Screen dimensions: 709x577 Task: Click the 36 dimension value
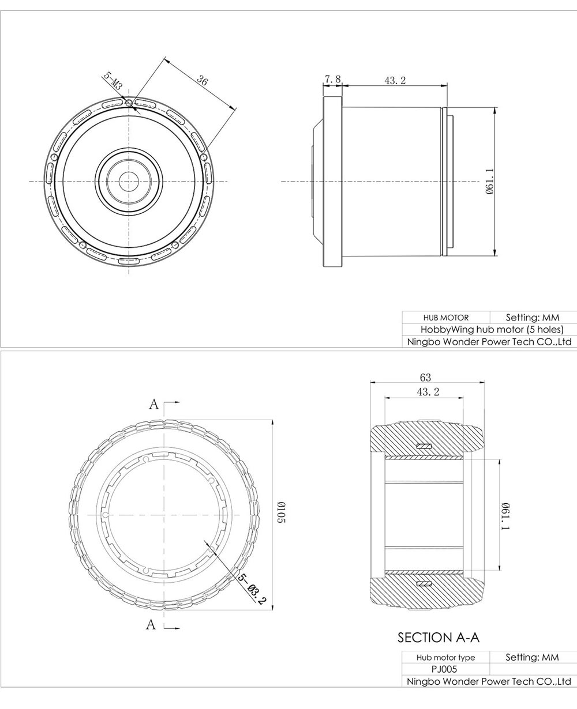point(202,81)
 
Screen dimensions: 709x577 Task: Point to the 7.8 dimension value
point(333,79)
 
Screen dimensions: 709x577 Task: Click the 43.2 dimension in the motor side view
point(395,81)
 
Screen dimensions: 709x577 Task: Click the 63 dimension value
point(425,378)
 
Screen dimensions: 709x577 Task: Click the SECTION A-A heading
point(439,638)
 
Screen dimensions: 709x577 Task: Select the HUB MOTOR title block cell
point(445,318)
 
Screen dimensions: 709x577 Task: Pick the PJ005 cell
point(445,669)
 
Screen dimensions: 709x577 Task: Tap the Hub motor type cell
point(445,658)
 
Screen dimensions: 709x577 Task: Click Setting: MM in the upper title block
point(533,318)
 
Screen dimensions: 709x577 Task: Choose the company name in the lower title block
point(489,681)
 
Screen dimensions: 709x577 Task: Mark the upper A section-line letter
point(153,404)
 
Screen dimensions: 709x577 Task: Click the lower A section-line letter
point(151,624)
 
